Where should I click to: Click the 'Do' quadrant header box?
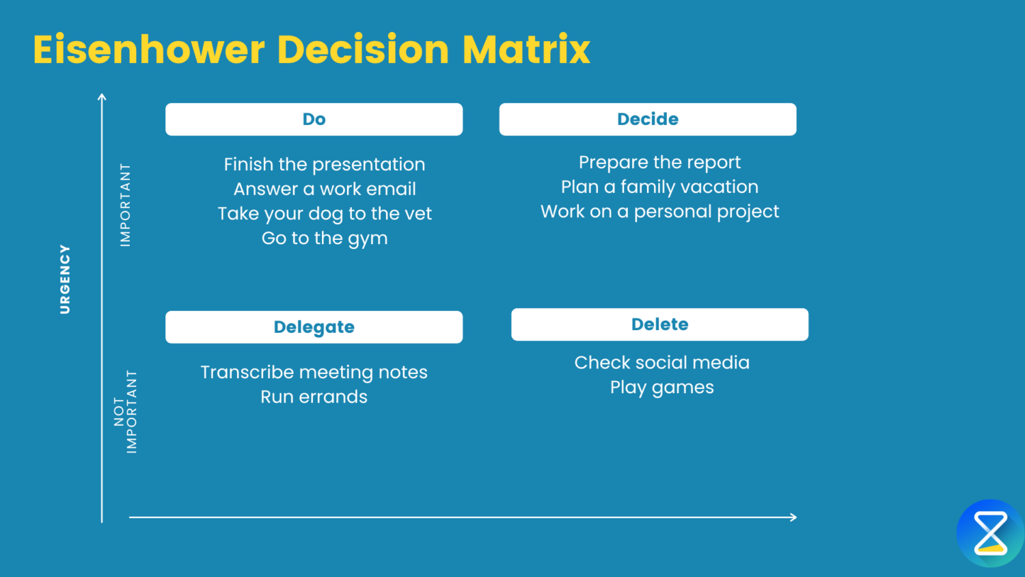tap(314, 120)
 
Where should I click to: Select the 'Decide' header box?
tap(647, 120)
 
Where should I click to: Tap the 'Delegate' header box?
tap(314, 327)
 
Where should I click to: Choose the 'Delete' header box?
tap(659, 324)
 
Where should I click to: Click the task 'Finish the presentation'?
tap(325, 165)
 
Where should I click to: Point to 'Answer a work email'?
tap(325, 189)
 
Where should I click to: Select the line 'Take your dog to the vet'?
tap(325, 214)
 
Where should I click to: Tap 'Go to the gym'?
tap(325, 239)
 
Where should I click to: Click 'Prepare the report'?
tap(659, 163)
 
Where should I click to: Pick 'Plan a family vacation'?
tap(659, 187)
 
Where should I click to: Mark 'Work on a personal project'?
tap(659, 212)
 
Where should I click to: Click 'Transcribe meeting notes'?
tap(314, 373)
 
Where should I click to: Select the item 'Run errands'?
tap(314, 397)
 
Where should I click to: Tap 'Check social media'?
tap(661, 363)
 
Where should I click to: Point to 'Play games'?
tap(661, 388)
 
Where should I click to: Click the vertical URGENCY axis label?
tap(65, 280)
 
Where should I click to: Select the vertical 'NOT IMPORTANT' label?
tap(126, 412)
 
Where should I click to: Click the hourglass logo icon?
tap(990, 533)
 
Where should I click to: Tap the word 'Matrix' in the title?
tap(526, 50)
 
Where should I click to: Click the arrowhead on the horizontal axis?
tap(793, 518)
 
